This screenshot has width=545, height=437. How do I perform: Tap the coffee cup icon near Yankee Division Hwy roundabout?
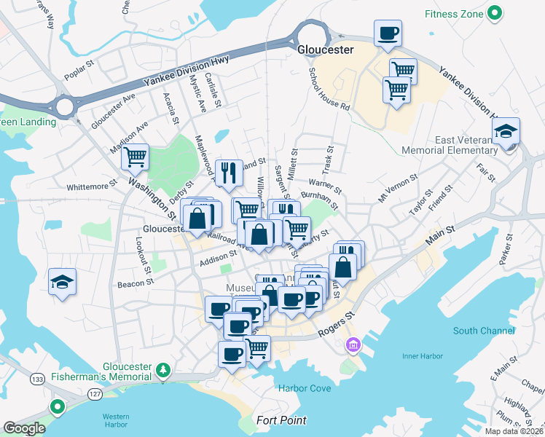(x=388, y=33)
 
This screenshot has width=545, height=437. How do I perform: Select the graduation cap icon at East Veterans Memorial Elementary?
(x=505, y=132)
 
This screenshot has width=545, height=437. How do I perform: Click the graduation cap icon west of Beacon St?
(x=62, y=281)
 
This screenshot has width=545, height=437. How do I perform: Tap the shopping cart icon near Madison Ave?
(x=135, y=156)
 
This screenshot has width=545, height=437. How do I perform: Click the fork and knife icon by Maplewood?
(x=229, y=172)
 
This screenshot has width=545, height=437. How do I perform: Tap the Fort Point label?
(x=281, y=421)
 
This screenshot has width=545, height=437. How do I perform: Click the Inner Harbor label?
(x=422, y=356)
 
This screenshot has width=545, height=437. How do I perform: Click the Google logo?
(x=24, y=428)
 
